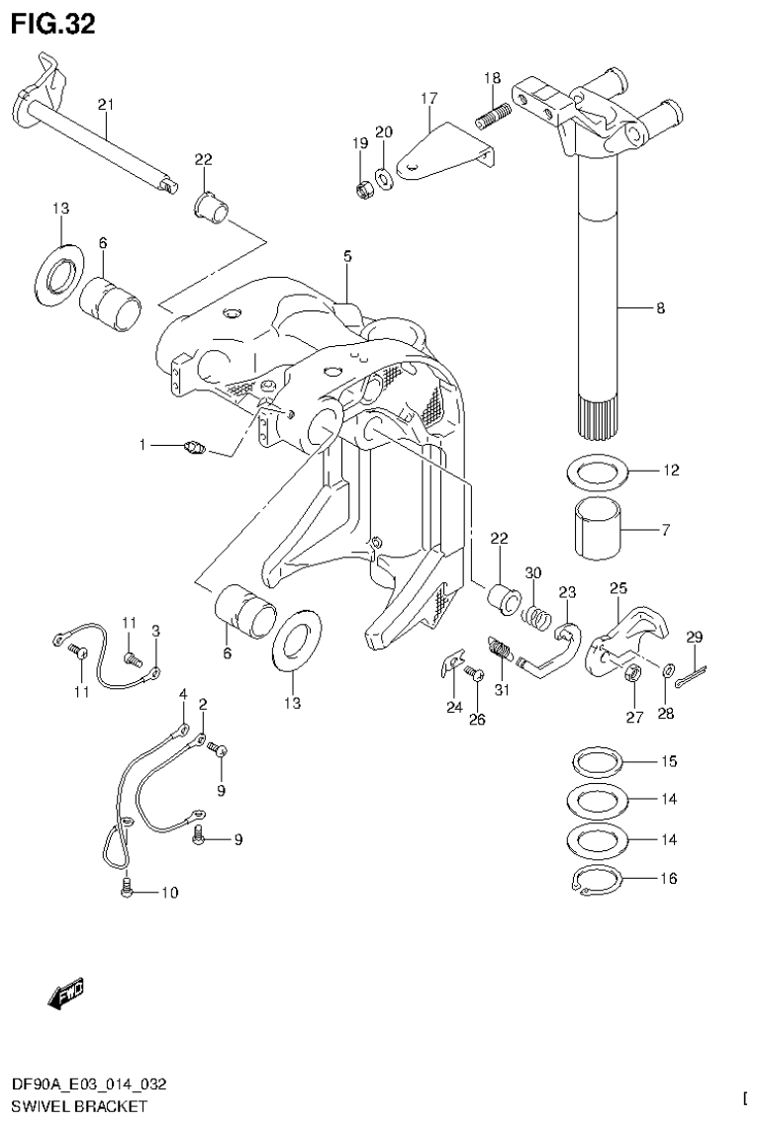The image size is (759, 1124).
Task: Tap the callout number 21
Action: [x=106, y=104]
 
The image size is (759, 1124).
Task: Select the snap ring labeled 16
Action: [x=597, y=880]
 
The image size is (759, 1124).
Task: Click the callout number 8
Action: [x=660, y=308]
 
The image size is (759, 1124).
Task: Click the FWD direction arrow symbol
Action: [x=66, y=992]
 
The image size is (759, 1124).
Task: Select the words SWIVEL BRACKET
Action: [x=74, y=1106]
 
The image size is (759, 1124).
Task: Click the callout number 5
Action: [x=347, y=256]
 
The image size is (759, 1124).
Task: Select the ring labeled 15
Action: [x=597, y=763]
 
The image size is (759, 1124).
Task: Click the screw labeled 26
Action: [x=471, y=675]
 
